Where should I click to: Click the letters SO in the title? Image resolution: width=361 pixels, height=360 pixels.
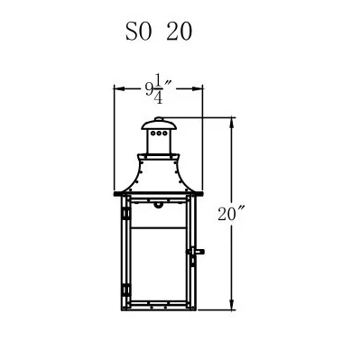(x=138, y=32)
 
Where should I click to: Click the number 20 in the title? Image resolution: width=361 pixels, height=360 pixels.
(x=180, y=32)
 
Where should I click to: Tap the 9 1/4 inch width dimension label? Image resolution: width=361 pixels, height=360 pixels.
(x=159, y=88)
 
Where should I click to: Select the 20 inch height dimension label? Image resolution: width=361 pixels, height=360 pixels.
(x=230, y=214)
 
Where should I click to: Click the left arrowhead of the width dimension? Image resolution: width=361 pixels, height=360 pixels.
(x=119, y=88)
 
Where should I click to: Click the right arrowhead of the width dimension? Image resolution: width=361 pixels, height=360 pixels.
(x=198, y=88)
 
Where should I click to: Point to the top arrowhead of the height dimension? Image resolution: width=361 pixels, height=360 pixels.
(x=232, y=123)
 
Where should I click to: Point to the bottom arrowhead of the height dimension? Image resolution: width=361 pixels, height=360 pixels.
(x=232, y=304)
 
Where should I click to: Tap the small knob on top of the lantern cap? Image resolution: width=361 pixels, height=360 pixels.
(x=158, y=119)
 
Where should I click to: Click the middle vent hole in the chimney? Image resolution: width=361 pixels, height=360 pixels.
(x=159, y=133)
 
